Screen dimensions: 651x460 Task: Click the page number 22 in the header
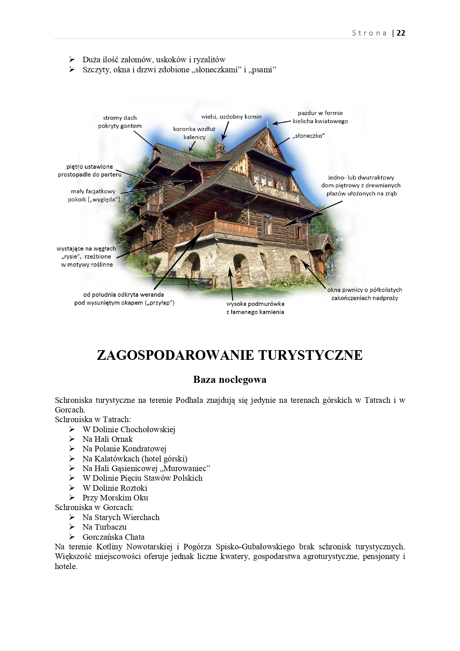(401, 33)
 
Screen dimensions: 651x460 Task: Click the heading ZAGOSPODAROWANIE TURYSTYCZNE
(229, 355)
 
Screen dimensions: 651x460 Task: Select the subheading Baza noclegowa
(229, 379)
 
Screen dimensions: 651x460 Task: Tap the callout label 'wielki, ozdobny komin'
(231, 116)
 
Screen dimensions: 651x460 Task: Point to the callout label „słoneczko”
(308, 136)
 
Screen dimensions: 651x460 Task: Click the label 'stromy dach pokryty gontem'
(120, 122)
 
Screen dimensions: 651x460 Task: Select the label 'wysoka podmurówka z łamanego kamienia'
(255, 308)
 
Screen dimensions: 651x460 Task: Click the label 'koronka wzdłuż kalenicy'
(194, 133)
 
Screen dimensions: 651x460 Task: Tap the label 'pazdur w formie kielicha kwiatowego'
(320, 117)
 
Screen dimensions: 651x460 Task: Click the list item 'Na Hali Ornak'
(107, 439)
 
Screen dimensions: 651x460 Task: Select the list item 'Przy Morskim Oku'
(115, 498)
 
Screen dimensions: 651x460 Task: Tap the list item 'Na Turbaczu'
(105, 527)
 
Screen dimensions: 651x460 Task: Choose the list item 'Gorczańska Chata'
(113, 537)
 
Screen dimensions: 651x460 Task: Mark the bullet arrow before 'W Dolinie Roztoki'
(72, 488)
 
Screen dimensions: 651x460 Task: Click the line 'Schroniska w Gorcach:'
(94, 507)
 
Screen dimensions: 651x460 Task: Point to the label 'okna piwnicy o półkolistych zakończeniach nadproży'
(364, 294)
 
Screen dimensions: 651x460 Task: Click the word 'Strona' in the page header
(369, 33)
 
